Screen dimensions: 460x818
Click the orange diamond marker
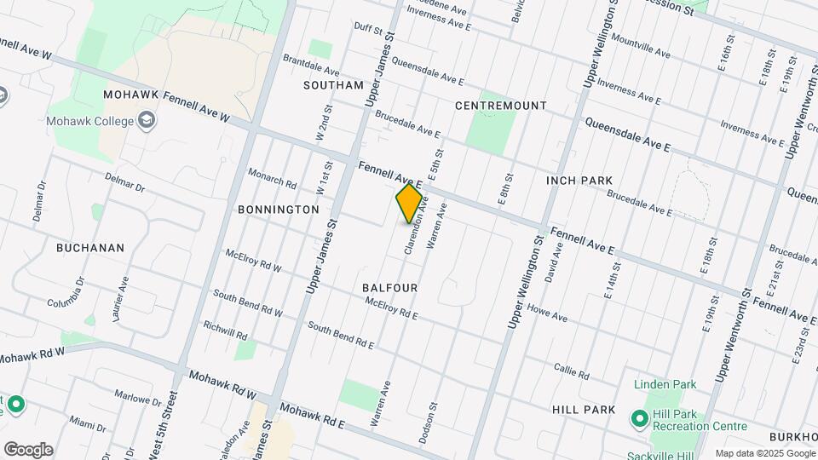point(410,204)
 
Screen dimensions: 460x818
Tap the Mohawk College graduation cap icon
point(147,121)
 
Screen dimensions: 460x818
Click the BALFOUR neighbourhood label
point(389,288)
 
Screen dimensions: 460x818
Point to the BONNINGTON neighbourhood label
point(279,209)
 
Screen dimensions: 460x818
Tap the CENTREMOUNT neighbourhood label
point(500,106)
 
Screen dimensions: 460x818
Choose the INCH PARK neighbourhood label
point(579,181)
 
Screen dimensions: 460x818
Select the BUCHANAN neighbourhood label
point(90,248)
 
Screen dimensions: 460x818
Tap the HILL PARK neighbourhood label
point(584,410)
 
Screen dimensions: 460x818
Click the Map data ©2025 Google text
point(764,453)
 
